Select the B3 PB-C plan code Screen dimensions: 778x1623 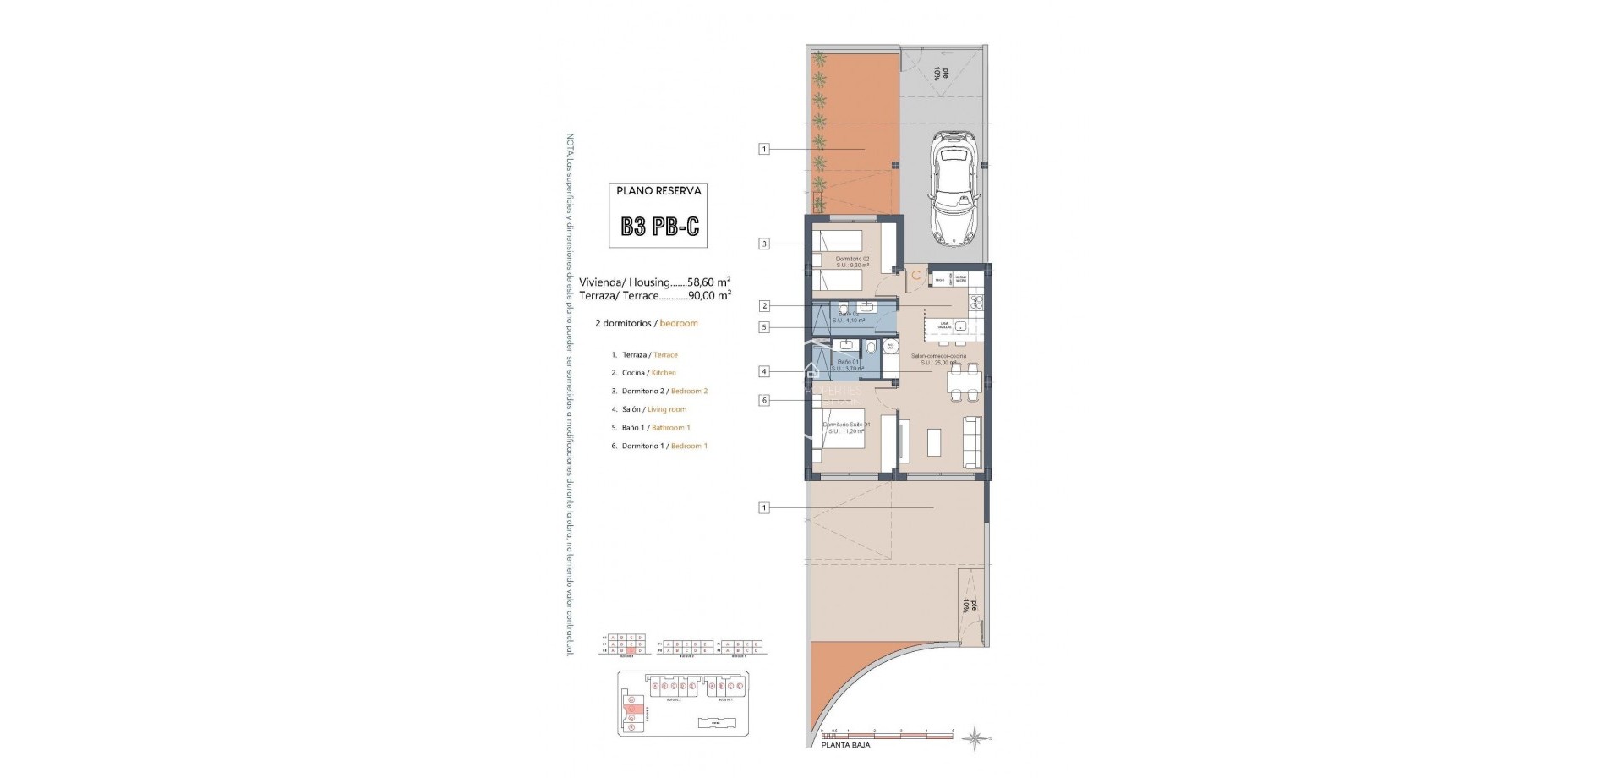tap(660, 226)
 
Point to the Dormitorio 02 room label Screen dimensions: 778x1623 tap(852, 259)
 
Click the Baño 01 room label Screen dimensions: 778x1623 tap(843, 362)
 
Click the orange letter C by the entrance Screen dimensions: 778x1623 tap(915, 275)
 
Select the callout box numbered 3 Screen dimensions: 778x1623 tap(764, 244)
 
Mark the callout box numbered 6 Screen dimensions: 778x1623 tap(764, 400)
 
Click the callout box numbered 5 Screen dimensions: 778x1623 tap(764, 327)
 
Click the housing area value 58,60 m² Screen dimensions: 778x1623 tap(708, 282)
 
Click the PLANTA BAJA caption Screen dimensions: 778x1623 tap(845, 745)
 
